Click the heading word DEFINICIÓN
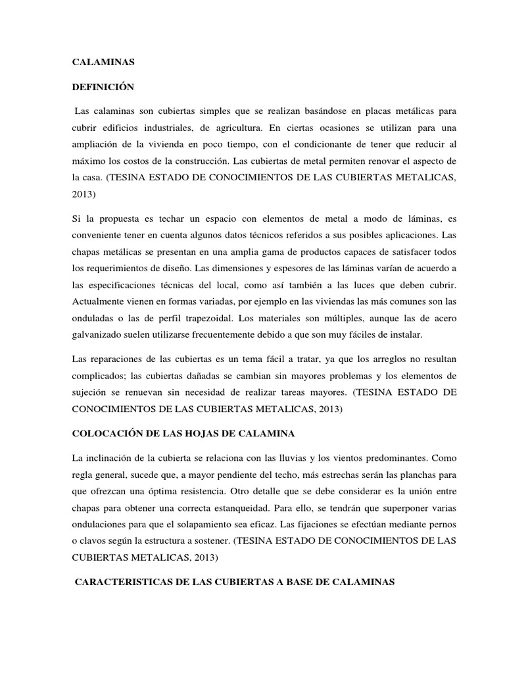(x=103, y=86)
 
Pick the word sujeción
(x=89, y=392)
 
